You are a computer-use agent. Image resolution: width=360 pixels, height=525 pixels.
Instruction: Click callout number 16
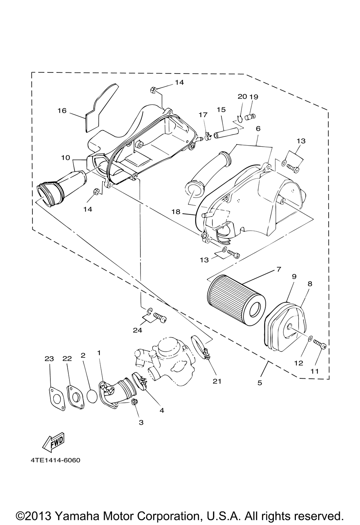tap(62, 111)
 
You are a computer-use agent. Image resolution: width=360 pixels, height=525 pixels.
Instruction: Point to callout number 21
tap(217, 381)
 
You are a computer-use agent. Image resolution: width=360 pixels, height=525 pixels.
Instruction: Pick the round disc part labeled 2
tap(93, 396)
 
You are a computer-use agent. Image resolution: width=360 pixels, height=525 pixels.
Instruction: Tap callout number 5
tap(260, 383)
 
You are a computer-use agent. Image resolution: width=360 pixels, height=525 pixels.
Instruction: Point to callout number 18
tap(176, 212)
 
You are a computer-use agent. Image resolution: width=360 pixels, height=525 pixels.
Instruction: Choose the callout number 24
tap(138, 330)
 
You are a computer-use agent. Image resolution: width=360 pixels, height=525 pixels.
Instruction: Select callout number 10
tap(66, 157)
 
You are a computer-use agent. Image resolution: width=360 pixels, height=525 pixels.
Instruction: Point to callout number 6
tap(258, 128)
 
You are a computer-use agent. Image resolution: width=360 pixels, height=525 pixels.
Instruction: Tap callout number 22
tap(67, 359)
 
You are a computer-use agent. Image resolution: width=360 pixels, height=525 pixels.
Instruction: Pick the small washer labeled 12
tap(310, 339)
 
